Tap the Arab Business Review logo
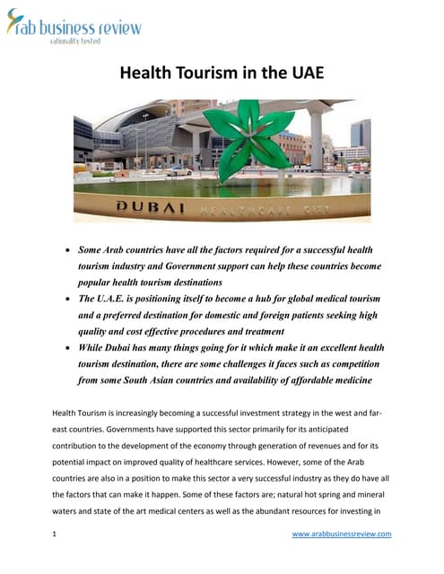pyautogui.click(x=74, y=27)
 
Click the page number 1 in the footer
pyautogui.click(x=55, y=535)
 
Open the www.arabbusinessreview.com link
pyautogui.click(x=342, y=535)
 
